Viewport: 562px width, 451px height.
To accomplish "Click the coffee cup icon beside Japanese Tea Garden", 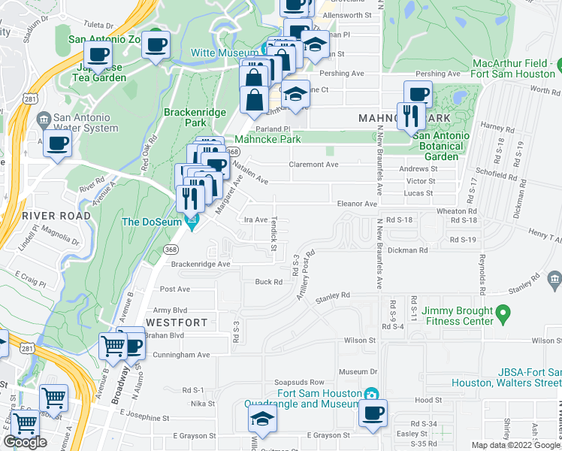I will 97,55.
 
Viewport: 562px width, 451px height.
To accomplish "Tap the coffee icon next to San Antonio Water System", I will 56,143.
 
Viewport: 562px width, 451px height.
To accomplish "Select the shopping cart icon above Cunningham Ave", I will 113,346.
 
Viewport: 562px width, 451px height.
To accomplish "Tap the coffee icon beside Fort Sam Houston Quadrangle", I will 373,413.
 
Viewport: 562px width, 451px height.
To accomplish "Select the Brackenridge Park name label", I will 184,117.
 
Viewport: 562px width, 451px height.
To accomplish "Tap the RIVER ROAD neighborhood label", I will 44,216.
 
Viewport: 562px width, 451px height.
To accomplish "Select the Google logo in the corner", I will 25,442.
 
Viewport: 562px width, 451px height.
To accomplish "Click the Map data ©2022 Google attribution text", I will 514,445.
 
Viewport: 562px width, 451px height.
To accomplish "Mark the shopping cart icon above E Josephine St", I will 54,398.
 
